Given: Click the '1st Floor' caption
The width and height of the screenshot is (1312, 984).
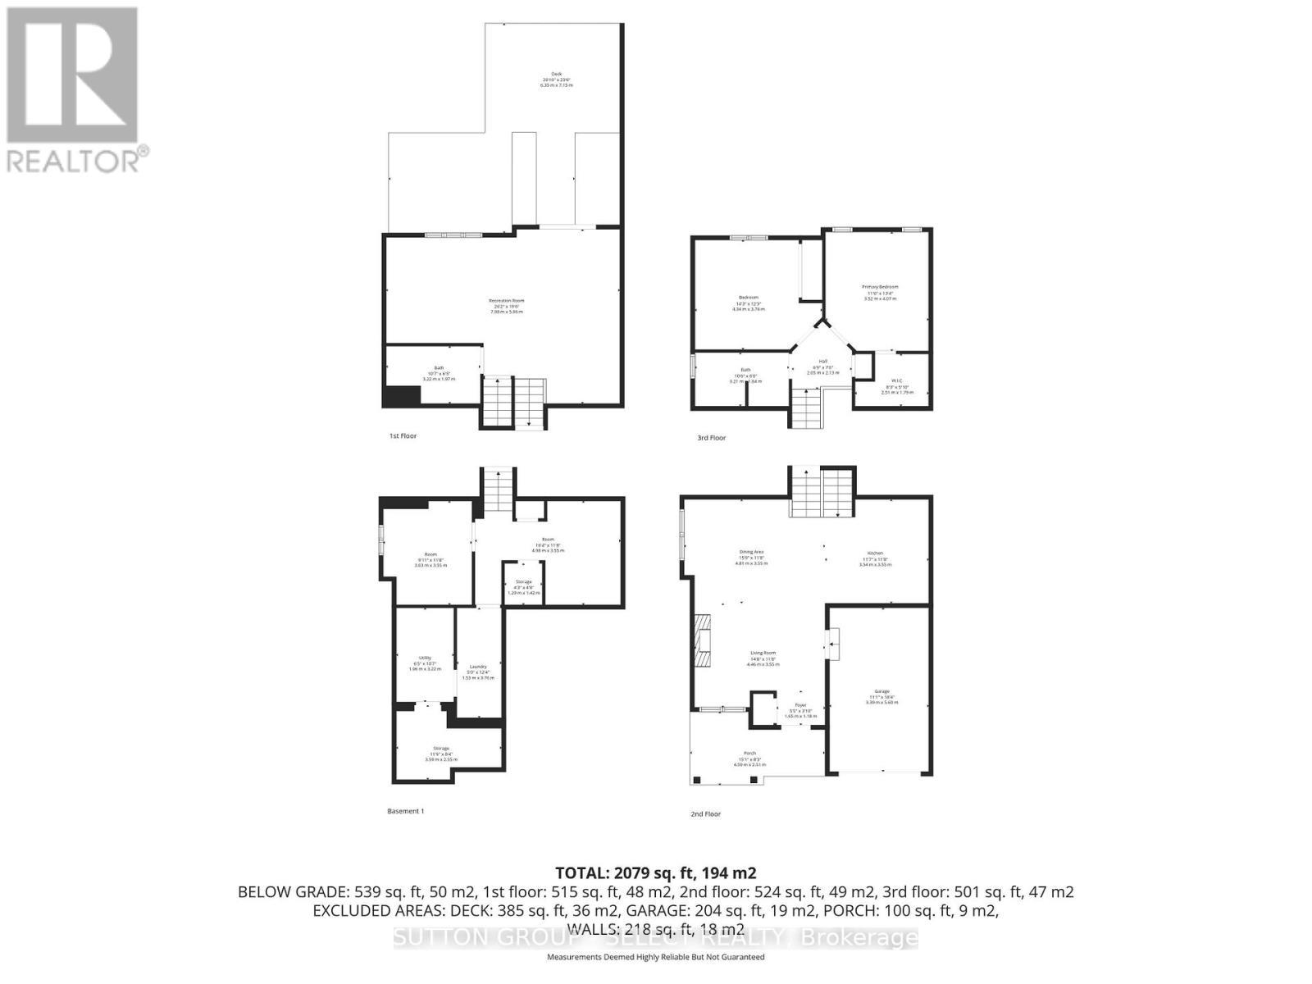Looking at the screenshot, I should pos(403,436).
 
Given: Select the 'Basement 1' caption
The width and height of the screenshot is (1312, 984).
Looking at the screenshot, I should pos(405,811).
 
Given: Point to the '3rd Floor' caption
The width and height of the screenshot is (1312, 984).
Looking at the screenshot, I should pos(711,438).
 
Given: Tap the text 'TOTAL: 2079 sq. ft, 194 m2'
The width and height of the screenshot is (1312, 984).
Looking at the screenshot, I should pos(655,872).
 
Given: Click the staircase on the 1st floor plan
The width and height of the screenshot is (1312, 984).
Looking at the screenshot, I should pos(513,402).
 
